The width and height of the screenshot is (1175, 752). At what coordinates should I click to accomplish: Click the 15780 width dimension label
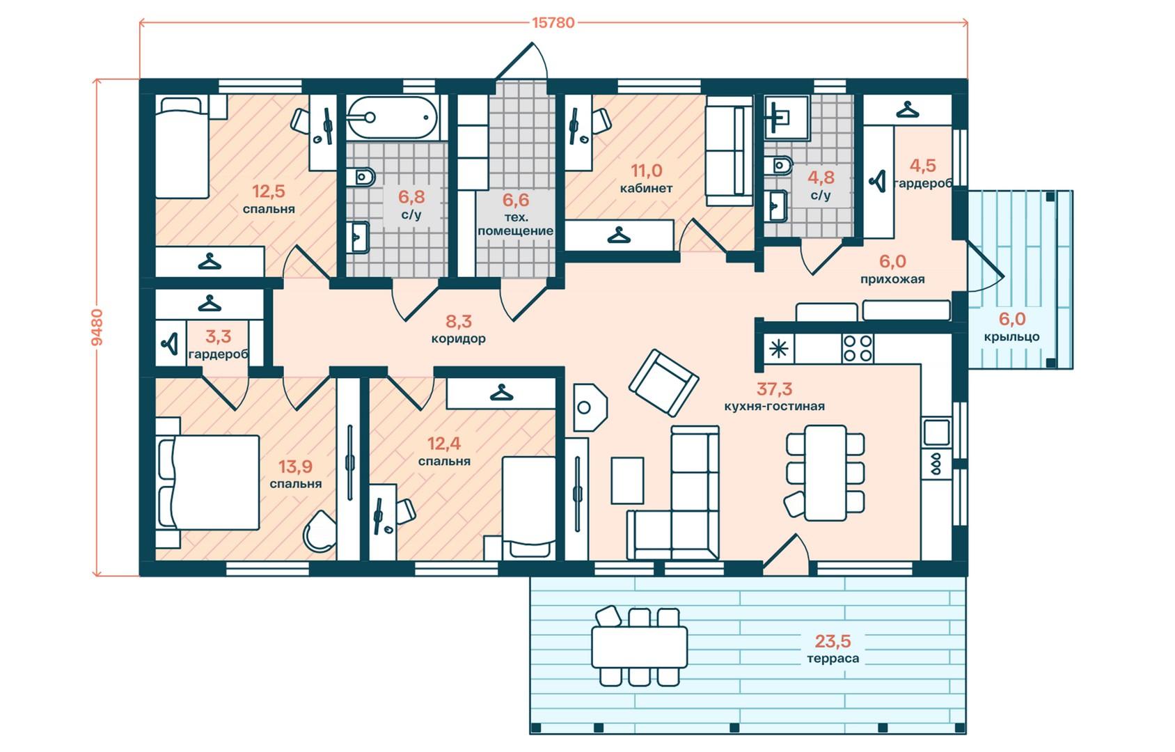[553, 22]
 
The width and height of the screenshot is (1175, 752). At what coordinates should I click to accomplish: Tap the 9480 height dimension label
[97, 327]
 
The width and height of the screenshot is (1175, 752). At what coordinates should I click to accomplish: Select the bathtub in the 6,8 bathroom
[392, 118]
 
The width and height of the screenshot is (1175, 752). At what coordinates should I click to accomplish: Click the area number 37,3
[774, 389]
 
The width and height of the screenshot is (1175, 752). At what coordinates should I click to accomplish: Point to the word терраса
[833, 658]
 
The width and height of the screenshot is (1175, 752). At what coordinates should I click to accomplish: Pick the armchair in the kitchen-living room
[663, 382]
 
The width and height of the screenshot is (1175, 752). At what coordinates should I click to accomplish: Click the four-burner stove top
[858, 348]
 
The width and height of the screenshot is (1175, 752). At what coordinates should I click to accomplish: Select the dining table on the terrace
[639, 647]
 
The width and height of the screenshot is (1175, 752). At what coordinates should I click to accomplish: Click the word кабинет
[646, 188]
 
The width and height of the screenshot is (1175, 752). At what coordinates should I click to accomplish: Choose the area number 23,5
[833, 641]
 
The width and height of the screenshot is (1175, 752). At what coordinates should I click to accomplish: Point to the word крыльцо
[1012, 336]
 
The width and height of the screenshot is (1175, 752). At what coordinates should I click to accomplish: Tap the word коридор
[459, 338]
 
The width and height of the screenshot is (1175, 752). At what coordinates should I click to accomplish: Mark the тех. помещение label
[515, 224]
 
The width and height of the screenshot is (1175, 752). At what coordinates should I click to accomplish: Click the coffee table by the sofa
[627, 480]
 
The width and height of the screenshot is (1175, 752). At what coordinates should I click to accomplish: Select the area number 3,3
[218, 336]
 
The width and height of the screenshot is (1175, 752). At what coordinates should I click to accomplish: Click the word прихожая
[892, 279]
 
